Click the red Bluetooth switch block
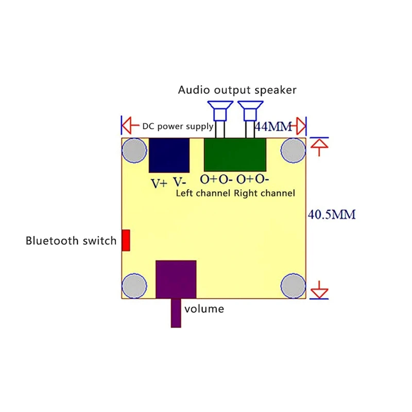(126, 241)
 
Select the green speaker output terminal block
(235, 155)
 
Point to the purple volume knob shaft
(176, 313)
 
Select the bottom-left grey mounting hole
(134, 286)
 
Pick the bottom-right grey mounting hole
(294, 286)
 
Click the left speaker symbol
(218, 110)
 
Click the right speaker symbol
(249, 110)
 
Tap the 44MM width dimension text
(273, 126)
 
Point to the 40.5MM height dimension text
(332, 214)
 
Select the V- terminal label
(179, 182)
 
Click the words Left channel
(203, 194)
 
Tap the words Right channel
(264, 194)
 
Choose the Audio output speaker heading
(237, 90)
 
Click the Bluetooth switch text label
(71, 241)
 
